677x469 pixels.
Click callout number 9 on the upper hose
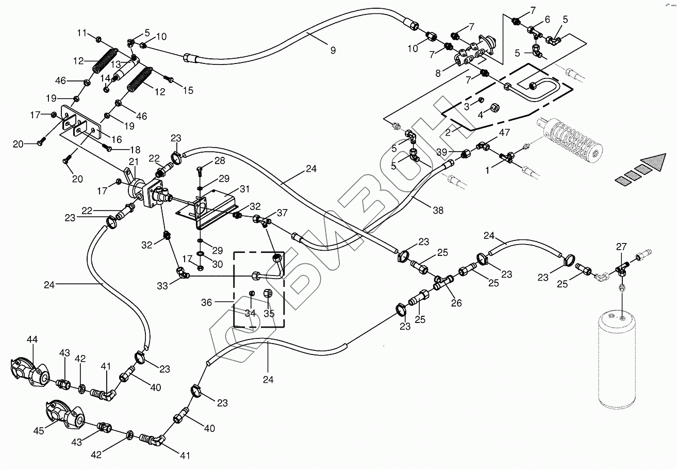[x=333, y=50]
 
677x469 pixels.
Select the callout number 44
[x=32, y=339]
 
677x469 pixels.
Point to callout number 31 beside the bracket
[x=244, y=189]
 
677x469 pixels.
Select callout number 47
[x=504, y=133]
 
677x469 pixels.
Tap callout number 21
[x=134, y=161]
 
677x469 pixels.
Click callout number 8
[x=437, y=73]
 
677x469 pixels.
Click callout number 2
[x=448, y=133]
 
